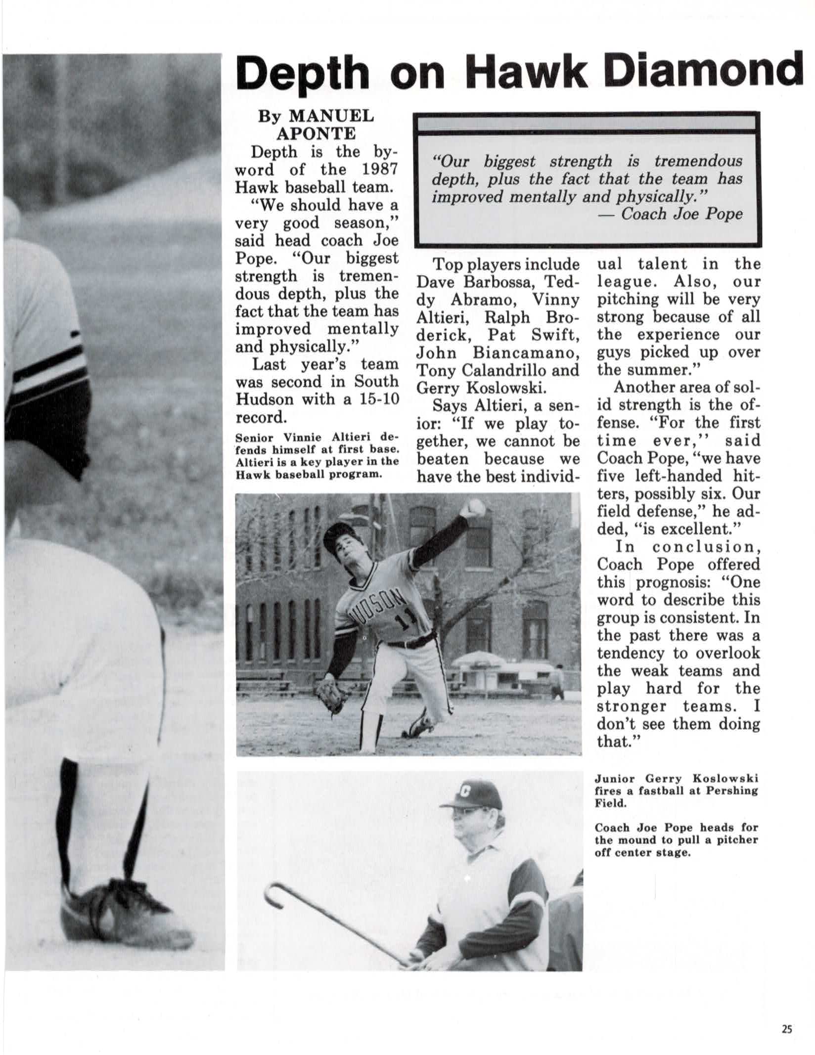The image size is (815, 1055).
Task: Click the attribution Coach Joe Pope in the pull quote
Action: point(681,214)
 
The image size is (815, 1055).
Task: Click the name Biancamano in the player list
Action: point(525,352)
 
